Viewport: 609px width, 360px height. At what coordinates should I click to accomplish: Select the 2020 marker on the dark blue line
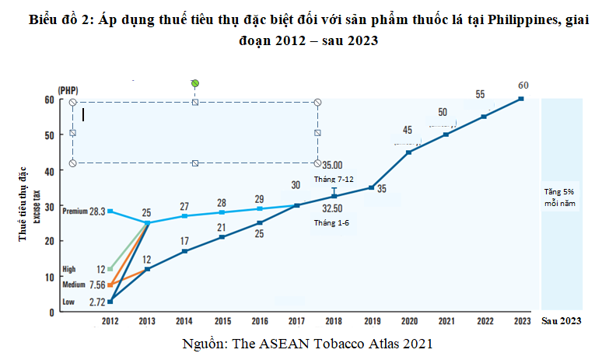pos(409,152)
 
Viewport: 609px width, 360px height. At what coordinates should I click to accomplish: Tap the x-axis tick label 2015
pos(222,321)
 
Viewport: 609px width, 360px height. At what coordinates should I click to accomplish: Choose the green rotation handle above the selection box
pos(195,83)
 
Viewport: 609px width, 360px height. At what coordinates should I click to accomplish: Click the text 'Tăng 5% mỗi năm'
pos(560,198)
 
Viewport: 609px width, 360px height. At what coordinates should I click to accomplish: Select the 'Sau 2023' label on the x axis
pos(560,321)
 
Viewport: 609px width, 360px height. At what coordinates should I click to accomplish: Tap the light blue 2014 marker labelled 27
pos(184,215)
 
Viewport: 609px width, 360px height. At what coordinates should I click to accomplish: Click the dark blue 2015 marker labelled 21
pos(222,236)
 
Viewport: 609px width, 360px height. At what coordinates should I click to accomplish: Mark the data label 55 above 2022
pos(480,95)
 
